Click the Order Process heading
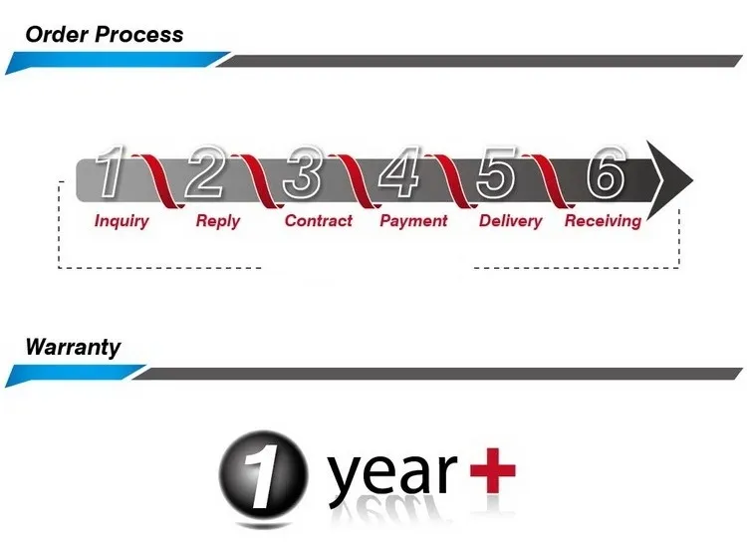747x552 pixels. point(104,34)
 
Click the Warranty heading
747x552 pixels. point(73,347)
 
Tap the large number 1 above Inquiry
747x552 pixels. point(112,173)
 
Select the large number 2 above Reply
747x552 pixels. point(207,173)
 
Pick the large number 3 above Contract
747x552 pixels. point(303,173)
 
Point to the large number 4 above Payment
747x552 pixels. point(399,173)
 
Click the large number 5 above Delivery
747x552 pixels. point(497,173)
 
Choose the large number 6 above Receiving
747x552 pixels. point(605,173)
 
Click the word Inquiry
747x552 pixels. point(122,220)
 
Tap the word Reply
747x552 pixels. point(217,220)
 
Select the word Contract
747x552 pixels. point(319,220)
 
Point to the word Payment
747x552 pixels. point(413,220)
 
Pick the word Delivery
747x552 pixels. point(511,220)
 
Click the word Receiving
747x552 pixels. point(603,220)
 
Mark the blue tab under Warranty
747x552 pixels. point(75,376)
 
